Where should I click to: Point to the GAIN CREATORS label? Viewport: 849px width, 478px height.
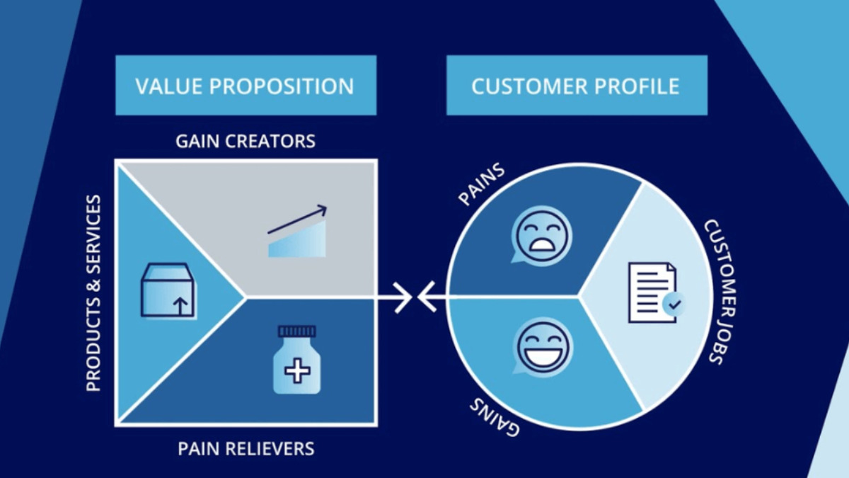246,141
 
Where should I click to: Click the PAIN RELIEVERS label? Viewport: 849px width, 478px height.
246,448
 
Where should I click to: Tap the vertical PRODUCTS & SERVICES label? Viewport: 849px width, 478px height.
93,294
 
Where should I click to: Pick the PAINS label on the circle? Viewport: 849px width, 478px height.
482,184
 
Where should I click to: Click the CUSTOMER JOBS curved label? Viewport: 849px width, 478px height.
722,291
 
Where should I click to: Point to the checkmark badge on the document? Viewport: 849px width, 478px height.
674,305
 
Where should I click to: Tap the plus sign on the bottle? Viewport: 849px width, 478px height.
296,370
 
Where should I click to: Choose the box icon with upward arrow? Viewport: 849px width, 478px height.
169,290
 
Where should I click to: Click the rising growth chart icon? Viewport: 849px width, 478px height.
297,232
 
